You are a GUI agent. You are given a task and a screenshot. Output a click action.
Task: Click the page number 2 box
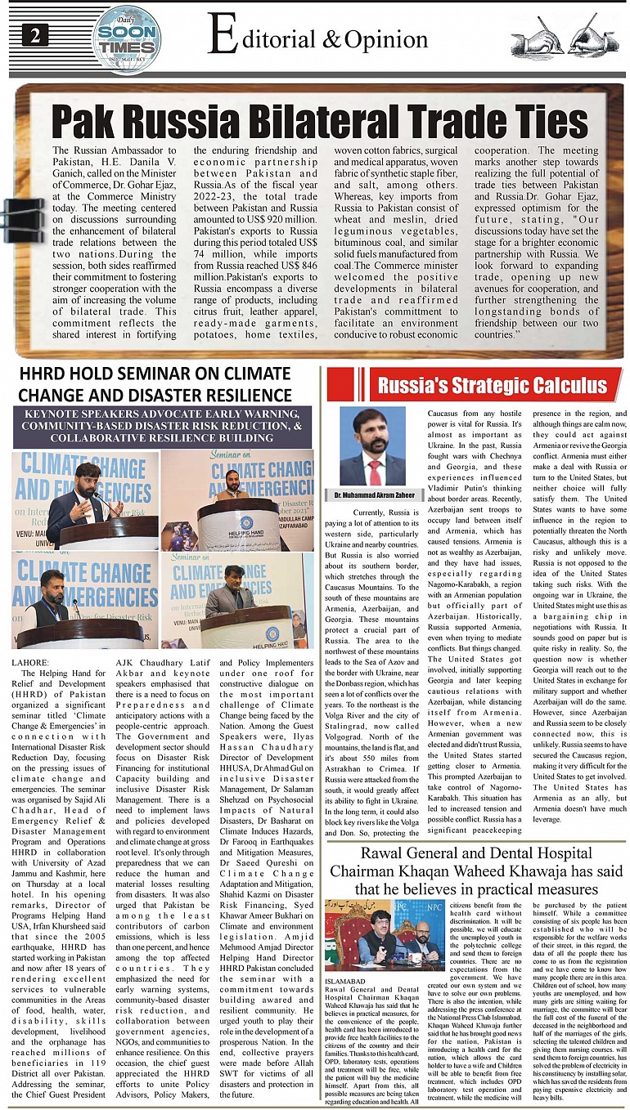(36, 36)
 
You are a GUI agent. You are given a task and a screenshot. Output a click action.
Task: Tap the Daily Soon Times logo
(126, 38)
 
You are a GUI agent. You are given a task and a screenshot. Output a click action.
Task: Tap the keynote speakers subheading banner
(162, 426)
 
